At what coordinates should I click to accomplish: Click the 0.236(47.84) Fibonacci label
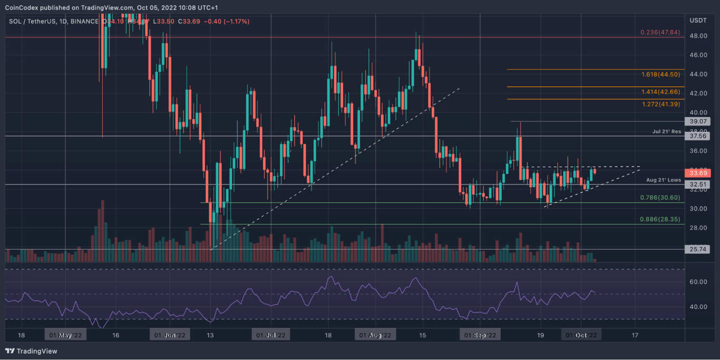click(660, 33)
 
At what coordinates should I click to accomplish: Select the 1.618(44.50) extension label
click(660, 75)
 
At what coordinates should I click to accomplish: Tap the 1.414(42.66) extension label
click(660, 92)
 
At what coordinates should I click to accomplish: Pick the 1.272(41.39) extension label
click(660, 104)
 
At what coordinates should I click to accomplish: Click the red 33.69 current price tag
click(697, 173)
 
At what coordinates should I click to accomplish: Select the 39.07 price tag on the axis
click(697, 122)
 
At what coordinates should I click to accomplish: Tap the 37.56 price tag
click(697, 136)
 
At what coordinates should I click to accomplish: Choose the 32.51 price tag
click(697, 185)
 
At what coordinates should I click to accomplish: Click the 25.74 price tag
click(697, 249)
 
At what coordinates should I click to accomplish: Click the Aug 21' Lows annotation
click(664, 180)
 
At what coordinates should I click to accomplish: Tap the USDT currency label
click(697, 21)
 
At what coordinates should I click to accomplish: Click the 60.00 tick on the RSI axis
click(697, 282)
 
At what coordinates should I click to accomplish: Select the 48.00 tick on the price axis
click(697, 36)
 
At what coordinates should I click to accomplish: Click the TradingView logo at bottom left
click(31, 351)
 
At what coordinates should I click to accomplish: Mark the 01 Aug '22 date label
click(375, 335)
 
